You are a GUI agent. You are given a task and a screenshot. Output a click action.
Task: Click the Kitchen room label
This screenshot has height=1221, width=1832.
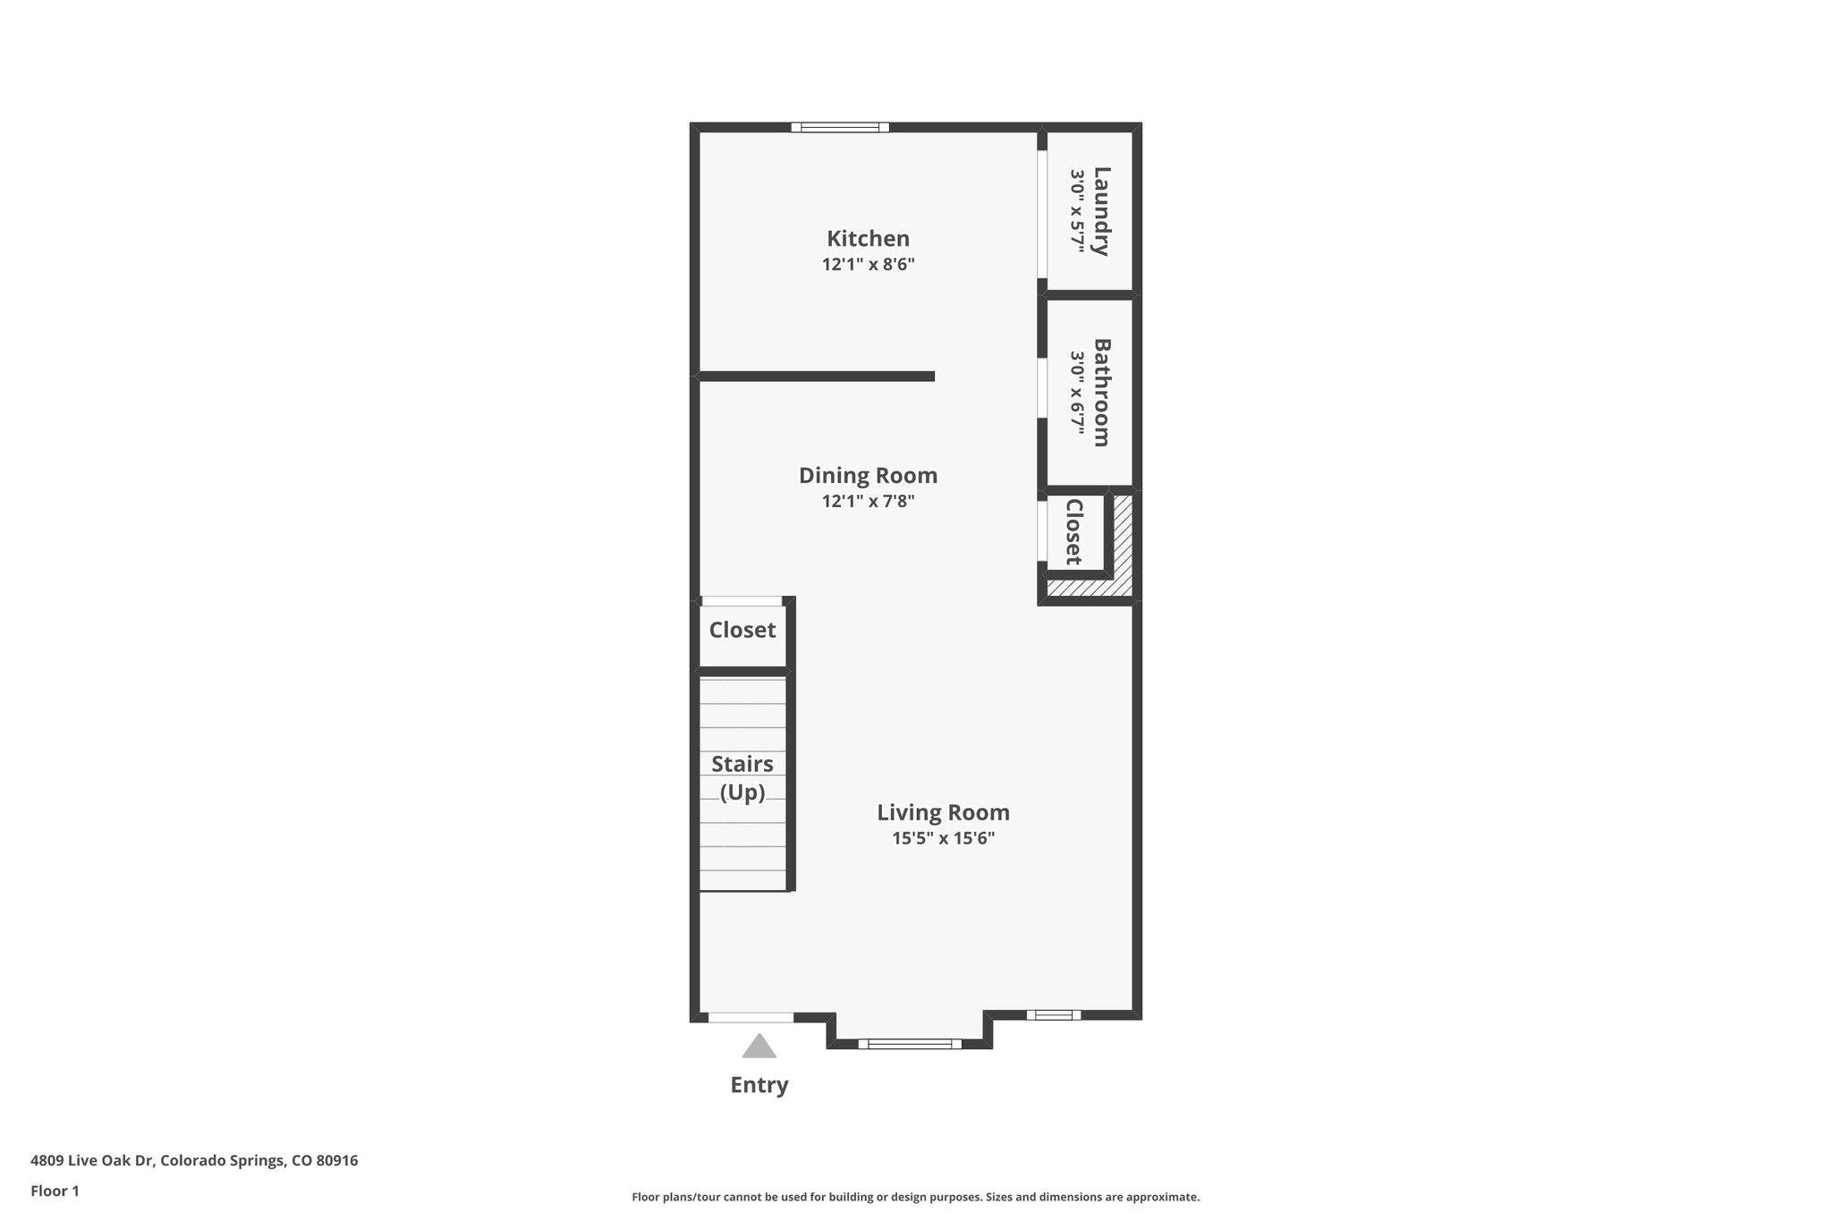(x=868, y=239)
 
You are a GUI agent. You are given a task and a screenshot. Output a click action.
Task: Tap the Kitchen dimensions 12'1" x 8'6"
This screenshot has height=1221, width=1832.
(x=868, y=265)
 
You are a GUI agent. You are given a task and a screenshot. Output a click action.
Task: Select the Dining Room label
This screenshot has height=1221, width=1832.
(x=868, y=475)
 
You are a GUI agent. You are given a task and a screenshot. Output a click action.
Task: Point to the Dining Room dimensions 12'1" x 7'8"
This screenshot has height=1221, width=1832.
(x=868, y=501)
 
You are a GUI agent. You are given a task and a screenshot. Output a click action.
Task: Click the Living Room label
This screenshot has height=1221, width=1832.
(x=943, y=812)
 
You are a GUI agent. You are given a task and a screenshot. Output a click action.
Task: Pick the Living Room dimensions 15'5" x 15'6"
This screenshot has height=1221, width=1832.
(x=943, y=838)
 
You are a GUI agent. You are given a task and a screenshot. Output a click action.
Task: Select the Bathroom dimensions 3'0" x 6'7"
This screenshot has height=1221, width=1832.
(x=1077, y=392)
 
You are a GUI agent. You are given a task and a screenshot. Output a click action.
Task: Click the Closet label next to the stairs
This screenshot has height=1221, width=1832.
(x=742, y=630)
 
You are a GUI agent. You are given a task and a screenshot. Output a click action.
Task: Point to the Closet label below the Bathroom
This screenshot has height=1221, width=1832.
(x=1074, y=532)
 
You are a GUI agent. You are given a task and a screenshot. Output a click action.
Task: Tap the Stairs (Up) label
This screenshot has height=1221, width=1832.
(x=742, y=777)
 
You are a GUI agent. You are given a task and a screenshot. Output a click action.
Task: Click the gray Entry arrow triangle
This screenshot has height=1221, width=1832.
(x=759, y=1047)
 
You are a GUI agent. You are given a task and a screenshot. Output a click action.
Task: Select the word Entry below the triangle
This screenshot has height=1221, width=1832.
(x=759, y=1085)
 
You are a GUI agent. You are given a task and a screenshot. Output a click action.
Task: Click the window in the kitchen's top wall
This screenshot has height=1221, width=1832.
(x=840, y=127)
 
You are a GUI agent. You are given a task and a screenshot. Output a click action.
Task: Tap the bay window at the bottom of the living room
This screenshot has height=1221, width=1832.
(x=910, y=1043)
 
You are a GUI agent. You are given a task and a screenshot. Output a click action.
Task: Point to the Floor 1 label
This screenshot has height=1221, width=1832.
(x=55, y=1191)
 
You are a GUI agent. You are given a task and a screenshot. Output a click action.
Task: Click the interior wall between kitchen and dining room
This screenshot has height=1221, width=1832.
(x=816, y=377)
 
